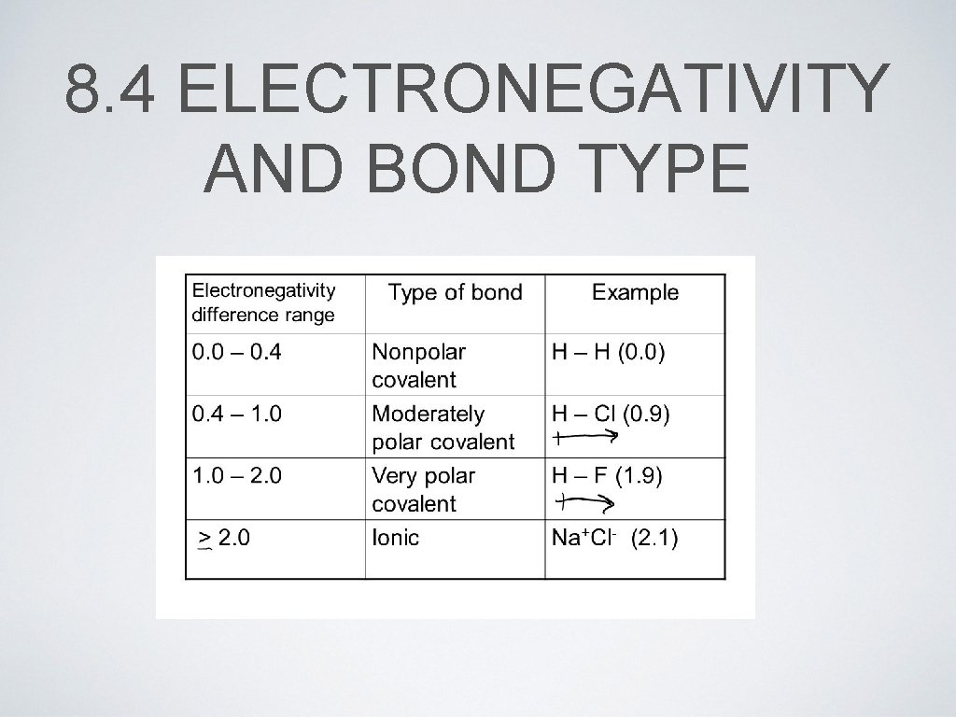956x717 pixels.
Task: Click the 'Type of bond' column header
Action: coord(455,293)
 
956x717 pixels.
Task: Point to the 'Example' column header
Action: coord(635,293)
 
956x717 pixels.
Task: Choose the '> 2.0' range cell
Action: coord(225,539)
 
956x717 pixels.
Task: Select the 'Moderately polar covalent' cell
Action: coord(443,428)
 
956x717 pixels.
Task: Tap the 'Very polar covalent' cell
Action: coord(423,489)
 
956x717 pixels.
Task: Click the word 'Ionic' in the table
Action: coord(395,538)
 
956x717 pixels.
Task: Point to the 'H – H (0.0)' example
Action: coord(608,353)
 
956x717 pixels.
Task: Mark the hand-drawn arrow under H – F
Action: coord(584,503)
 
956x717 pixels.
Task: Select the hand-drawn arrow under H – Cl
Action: coord(586,435)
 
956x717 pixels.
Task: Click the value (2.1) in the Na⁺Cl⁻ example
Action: coord(655,538)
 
